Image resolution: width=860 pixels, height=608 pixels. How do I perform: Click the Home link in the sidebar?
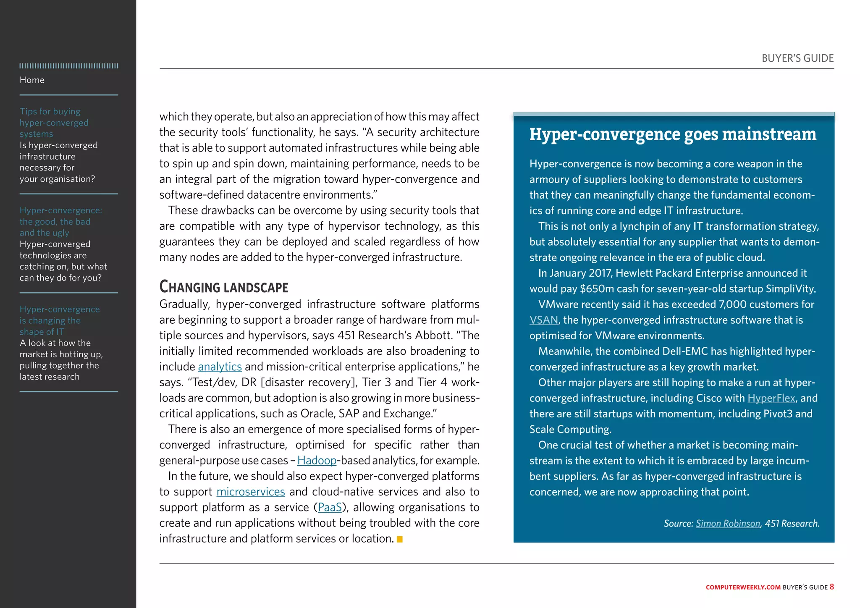pos(32,80)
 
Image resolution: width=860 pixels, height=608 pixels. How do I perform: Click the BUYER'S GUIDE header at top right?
pos(797,58)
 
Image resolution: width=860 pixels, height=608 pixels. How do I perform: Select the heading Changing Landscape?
pos(223,287)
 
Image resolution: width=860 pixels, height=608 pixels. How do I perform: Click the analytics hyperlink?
pos(220,367)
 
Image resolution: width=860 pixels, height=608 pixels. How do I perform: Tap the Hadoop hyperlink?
pos(317,461)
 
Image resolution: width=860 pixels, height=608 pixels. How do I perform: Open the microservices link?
pos(251,492)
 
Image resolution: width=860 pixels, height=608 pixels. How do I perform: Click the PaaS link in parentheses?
pos(330,507)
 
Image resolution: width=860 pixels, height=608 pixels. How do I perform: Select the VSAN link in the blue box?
pos(543,320)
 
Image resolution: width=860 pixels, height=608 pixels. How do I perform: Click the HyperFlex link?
pos(771,398)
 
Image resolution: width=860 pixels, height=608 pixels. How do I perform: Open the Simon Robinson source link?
pos(728,524)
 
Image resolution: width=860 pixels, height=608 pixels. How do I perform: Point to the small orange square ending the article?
pos(400,539)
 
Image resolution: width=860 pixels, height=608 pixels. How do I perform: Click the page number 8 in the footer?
pos(831,587)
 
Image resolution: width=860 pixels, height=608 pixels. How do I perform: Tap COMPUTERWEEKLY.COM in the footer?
pos(743,587)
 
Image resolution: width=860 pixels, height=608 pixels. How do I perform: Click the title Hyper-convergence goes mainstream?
pos(673,134)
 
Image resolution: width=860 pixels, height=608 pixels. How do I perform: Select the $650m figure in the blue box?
pos(596,289)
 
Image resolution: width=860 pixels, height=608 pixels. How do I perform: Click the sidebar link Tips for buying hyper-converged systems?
pos(54,123)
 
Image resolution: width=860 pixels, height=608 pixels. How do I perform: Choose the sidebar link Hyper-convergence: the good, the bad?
pos(60,221)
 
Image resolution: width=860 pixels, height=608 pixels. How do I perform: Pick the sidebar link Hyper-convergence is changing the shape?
pos(59,320)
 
